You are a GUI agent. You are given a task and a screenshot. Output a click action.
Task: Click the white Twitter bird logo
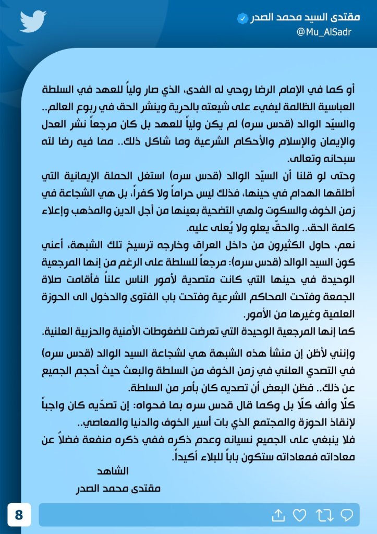point(33,21)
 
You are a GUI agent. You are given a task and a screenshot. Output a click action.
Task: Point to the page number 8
point(19,515)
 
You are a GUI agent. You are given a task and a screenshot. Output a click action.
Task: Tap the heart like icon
point(299,515)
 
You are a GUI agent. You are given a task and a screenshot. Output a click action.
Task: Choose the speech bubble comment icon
point(346,515)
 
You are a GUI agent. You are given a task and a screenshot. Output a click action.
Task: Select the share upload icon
point(278,515)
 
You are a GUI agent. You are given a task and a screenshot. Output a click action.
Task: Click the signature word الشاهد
point(113,471)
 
